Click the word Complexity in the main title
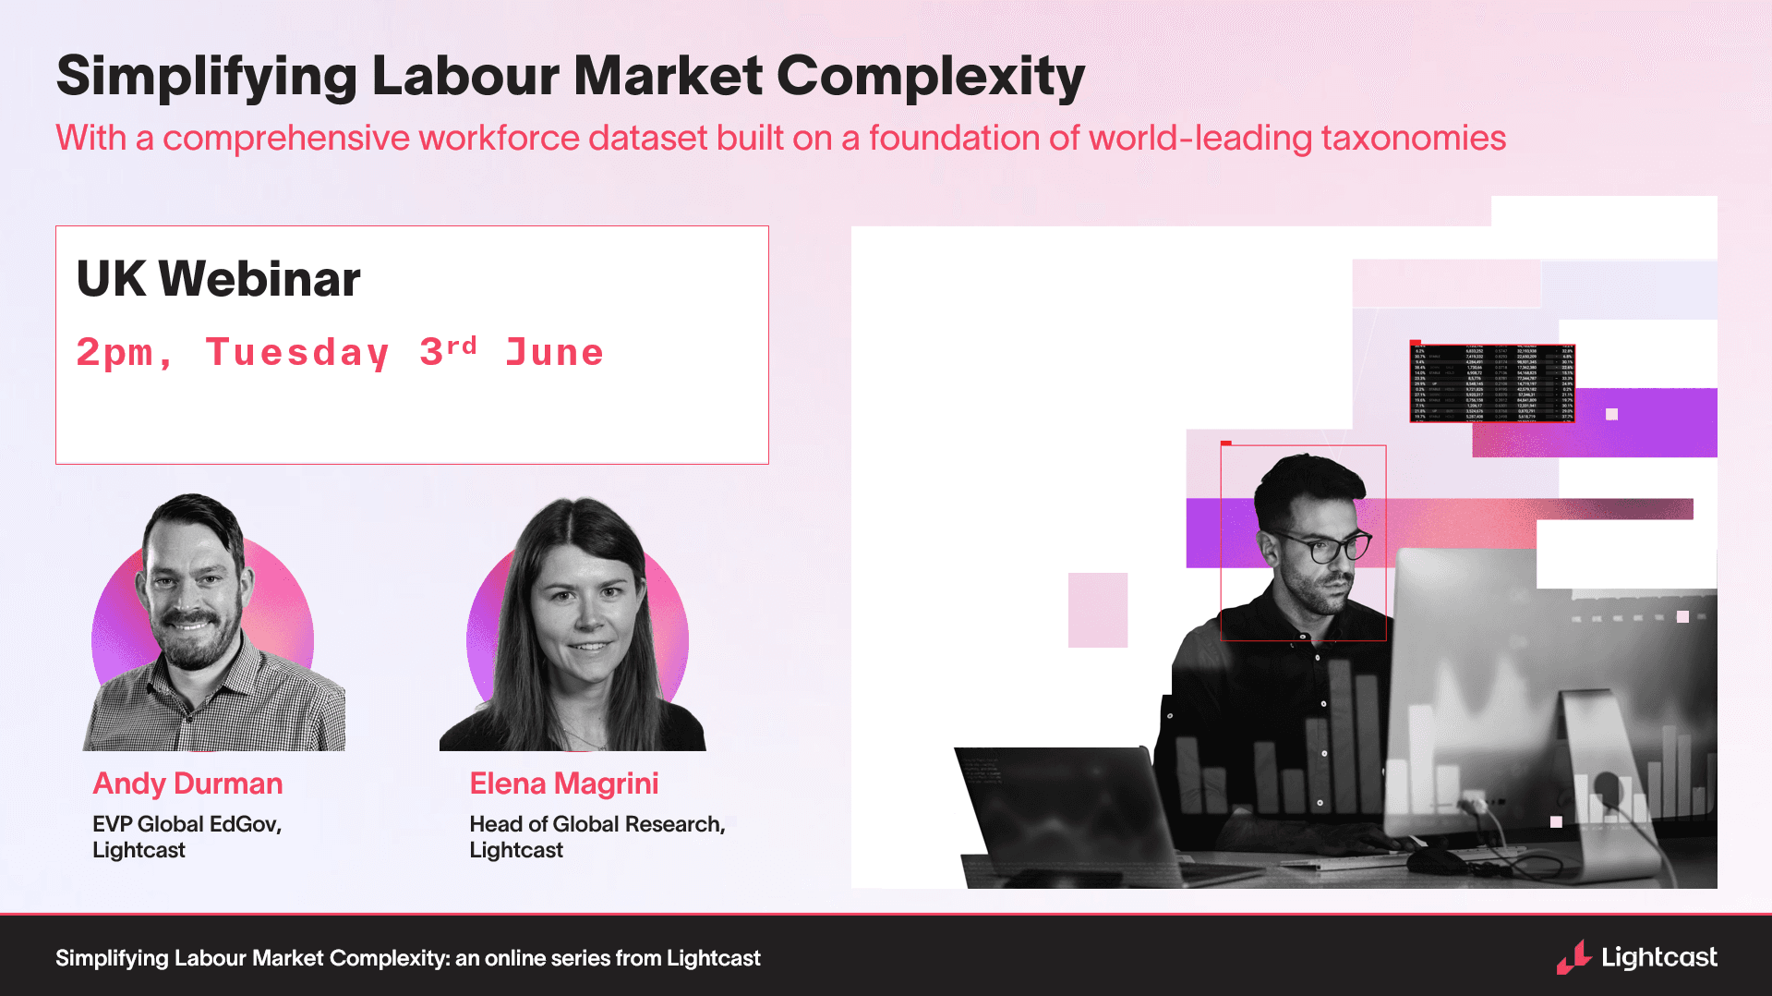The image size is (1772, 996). click(930, 76)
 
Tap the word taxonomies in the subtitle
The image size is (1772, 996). click(1413, 139)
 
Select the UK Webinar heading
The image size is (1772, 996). click(218, 279)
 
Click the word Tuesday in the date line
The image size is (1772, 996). click(297, 353)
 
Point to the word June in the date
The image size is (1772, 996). click(554, 353)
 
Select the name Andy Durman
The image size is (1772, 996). click(187, 783)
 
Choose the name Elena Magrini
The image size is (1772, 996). click(563, 783)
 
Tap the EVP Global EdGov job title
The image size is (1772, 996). click(187, 824)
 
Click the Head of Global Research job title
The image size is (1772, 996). click(597, 824)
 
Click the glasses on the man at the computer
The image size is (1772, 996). click(1328, 548)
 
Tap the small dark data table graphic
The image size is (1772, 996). click(1491, 383)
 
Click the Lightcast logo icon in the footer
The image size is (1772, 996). click(1573, 957)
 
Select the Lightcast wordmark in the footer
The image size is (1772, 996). click(1659, 957)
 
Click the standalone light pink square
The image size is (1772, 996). click(1098, 610)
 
